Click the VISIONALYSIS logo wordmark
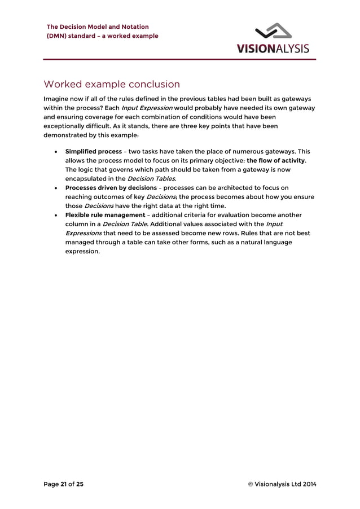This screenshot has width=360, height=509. pos(273,48)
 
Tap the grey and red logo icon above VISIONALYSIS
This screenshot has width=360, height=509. pos(273,32)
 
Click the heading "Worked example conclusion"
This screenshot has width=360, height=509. pos(112,85)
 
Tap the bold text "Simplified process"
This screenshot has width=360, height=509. pos(93,152)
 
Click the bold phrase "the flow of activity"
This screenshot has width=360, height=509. pos(276,161)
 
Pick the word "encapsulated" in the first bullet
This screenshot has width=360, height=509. pos(88,179)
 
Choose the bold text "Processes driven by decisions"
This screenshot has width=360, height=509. pos(111,188)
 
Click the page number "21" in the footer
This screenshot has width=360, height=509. pos(63,484)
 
